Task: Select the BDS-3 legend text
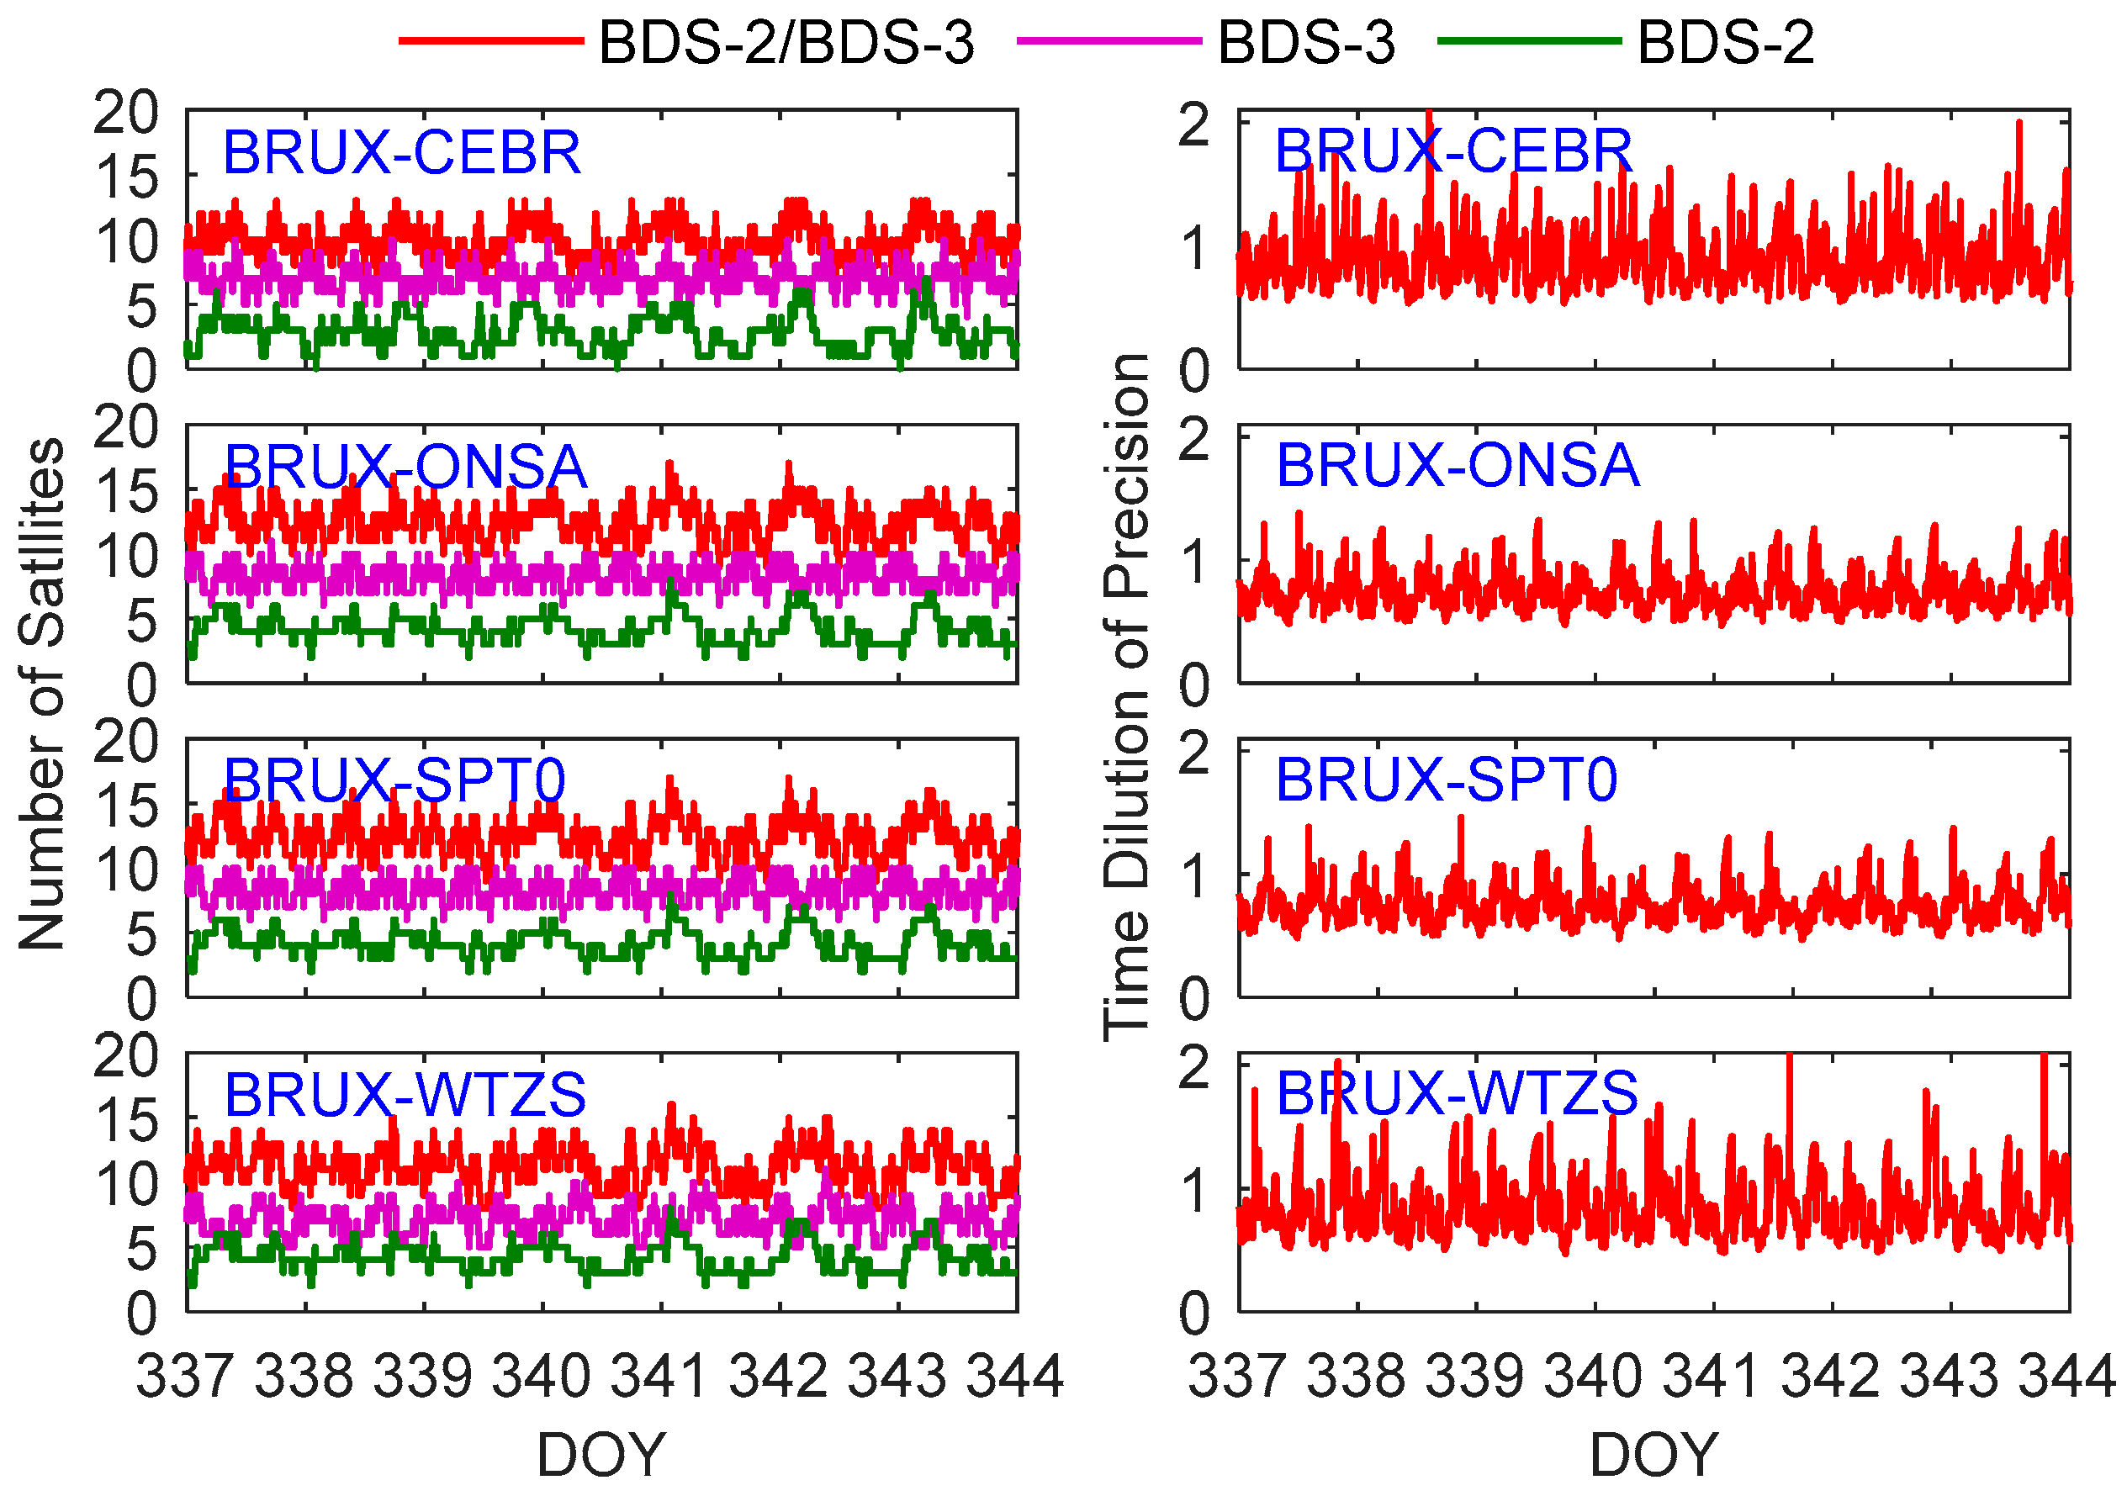tap(1305, 43)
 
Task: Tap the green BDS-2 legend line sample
tap(1528, 40)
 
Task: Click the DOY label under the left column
tap(601, 1454)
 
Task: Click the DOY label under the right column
tap(1654, 1454)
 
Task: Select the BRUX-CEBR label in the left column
tap(401, 152)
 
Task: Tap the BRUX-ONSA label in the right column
tap(1458, 465)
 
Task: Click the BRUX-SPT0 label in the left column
tap(394, 780)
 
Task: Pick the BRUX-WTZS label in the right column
tap(1457, 1093)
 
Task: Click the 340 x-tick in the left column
tap(541, 1376)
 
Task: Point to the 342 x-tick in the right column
tap(1831, 1376)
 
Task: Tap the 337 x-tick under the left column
tap(185, 1376)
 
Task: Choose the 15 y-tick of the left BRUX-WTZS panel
tap(126, 1122)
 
